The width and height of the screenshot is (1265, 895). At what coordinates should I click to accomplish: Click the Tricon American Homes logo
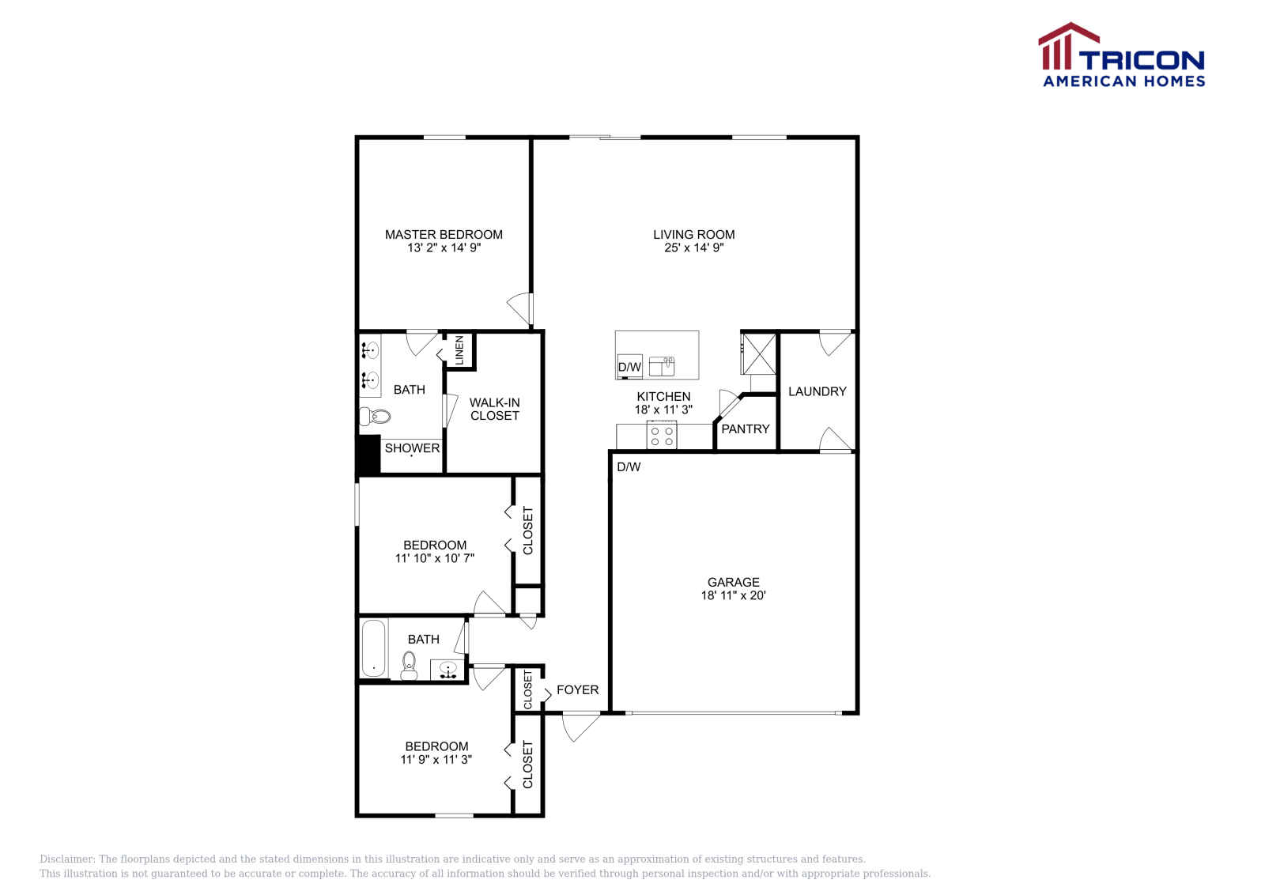click(x=1121, y=55)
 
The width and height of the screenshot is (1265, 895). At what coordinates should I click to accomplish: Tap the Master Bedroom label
click(x=444, y=234)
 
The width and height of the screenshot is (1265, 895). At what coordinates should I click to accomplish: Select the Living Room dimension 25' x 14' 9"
click(x=693, y=247)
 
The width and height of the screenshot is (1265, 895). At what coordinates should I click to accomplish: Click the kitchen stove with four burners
click(x=662, y=435)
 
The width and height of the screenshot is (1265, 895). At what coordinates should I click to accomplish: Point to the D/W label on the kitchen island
click(x=629, y=367)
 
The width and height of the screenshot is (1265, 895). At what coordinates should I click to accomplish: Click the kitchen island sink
click(x=662, y=366)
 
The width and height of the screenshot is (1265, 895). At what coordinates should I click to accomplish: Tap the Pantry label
click(x=745, y=429)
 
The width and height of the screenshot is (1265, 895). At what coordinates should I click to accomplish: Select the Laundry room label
click(x=817, y=391)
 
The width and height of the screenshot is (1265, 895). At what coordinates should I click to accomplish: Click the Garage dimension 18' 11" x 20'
click(x=733, y=595)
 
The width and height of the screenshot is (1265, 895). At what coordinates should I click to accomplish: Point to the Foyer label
click(x=577, y=689)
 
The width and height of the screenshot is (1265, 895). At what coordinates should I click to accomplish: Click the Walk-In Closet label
click(x=494, y=409)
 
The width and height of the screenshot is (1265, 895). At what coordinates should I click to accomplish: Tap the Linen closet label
click(x=459, y=350)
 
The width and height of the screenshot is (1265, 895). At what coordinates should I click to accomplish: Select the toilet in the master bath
click(x=376, y=416)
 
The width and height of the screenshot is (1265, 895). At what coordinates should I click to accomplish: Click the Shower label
click(x=412, y=448)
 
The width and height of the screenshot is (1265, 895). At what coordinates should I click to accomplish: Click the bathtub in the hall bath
click(x=373, y=648)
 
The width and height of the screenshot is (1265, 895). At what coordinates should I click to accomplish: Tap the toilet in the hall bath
click(x=409, y=665)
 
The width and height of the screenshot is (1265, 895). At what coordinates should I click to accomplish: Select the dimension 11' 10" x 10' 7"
click(x=434, y=558)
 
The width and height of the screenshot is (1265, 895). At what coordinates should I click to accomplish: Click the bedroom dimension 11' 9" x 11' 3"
click(x=436, y=759)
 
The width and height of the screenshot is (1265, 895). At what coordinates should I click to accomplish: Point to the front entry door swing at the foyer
click(x=580, y=726)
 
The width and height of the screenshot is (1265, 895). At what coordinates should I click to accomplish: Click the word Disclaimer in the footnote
click(x=67, y=859)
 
